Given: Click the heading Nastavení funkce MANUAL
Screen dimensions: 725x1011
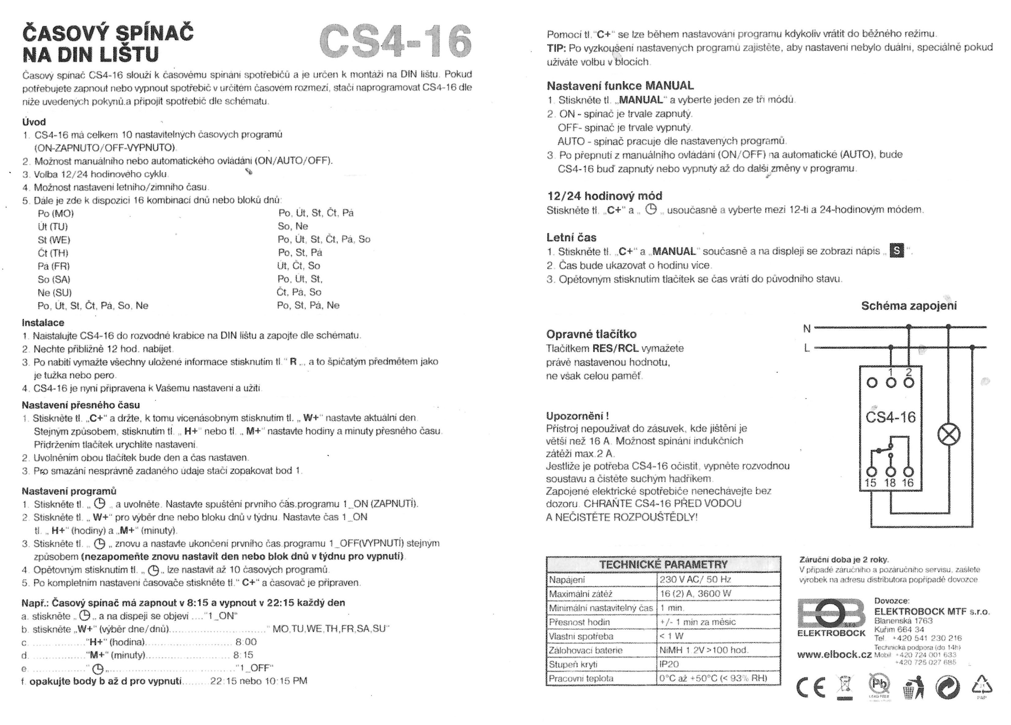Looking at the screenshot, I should [620, 85].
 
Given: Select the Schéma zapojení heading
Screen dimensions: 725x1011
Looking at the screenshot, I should [909, 306].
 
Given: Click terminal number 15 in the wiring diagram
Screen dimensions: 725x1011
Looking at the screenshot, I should [870, 483].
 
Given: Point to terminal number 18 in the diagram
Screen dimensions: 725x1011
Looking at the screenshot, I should [890, 483].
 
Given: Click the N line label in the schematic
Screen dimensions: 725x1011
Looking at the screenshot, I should [807, 329].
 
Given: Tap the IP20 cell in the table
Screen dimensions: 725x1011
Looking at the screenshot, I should [669, 664].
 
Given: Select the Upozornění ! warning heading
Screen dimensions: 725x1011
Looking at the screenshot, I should [577, 416].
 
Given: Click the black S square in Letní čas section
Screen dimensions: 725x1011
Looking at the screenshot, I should [896, 251].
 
